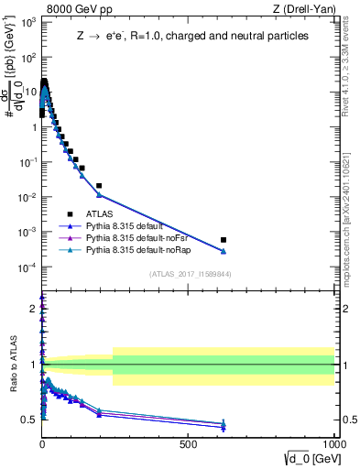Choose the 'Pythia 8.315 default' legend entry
click(136, 226)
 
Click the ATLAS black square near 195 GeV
click(99, 186)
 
